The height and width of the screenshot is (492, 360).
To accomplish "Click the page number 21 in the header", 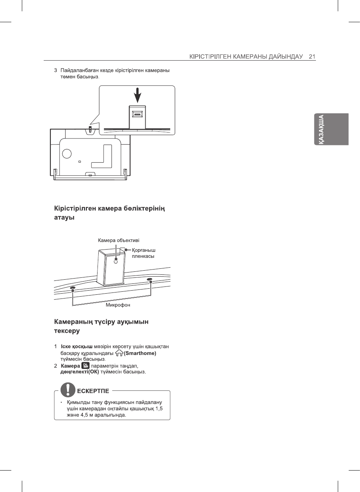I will pos(312,56).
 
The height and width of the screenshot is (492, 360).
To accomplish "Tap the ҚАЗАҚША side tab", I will pos(332,129).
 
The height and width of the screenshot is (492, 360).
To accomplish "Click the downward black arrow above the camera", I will pos(138,95).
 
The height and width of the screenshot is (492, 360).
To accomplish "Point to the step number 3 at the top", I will pos(56,70).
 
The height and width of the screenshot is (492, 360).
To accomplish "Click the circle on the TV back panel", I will pos(67,154).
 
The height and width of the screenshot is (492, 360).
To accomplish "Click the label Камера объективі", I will pos(119,241).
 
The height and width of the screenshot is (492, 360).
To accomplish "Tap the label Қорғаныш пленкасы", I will pos(143,253).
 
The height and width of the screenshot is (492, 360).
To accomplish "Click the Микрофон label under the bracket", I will pos(118,305).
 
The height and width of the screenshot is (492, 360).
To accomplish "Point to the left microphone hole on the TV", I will pos(73,288).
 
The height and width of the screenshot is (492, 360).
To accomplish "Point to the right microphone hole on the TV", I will pos(149,280).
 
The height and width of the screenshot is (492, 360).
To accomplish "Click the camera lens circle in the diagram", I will pos(116,261).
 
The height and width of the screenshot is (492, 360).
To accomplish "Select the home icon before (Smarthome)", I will pos(119,353).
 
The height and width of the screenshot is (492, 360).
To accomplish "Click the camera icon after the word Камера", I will pos(85,366).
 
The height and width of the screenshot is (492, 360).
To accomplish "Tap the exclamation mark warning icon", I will pos(68,389).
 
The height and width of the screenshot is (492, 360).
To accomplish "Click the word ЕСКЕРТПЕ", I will pos(93,391).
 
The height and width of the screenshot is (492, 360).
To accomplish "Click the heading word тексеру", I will pos(67,331).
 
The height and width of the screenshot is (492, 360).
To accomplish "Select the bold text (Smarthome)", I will pos(140,353).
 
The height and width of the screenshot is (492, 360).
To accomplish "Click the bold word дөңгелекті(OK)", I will pos(79,372).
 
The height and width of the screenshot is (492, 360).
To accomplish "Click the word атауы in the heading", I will pos(64,218).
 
